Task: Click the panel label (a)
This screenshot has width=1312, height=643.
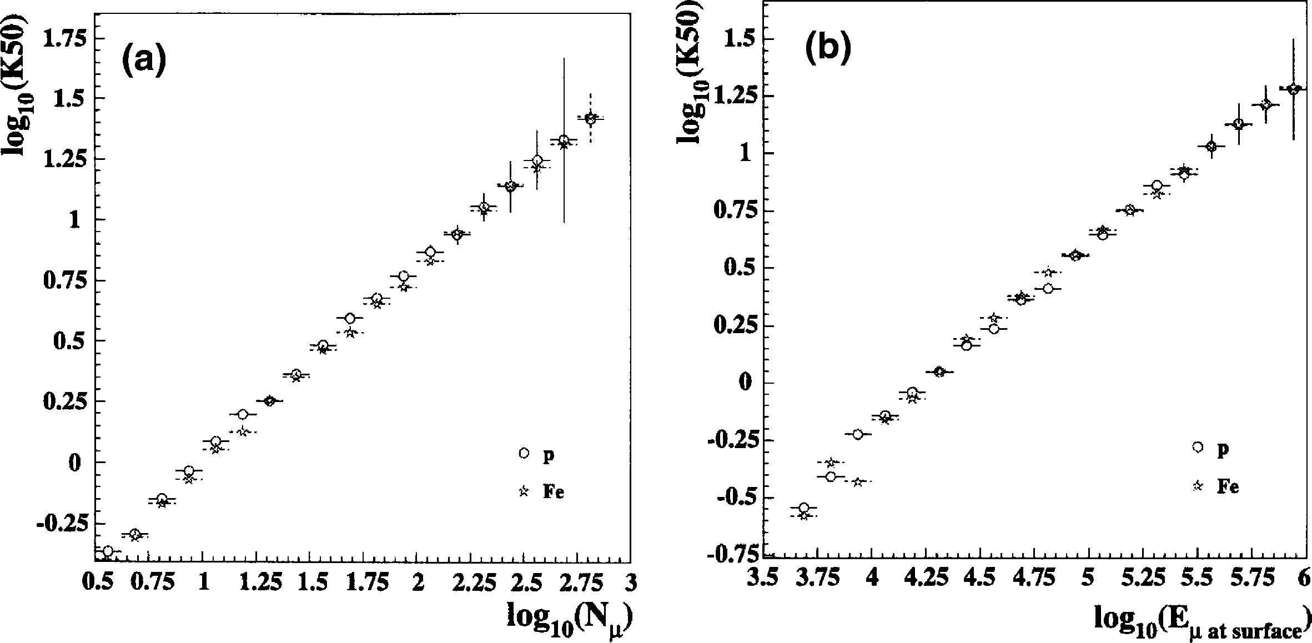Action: point(144,63)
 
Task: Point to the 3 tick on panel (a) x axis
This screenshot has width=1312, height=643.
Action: point(630,584)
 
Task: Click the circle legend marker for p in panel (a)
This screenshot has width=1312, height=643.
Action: point(523,453)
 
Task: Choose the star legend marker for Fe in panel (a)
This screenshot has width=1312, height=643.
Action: point(523,491)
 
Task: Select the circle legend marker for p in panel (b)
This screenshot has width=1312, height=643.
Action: point(1198,447)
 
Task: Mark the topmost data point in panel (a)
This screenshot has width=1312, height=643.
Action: point(590,118)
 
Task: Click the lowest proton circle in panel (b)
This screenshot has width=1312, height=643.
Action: point(803,508)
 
